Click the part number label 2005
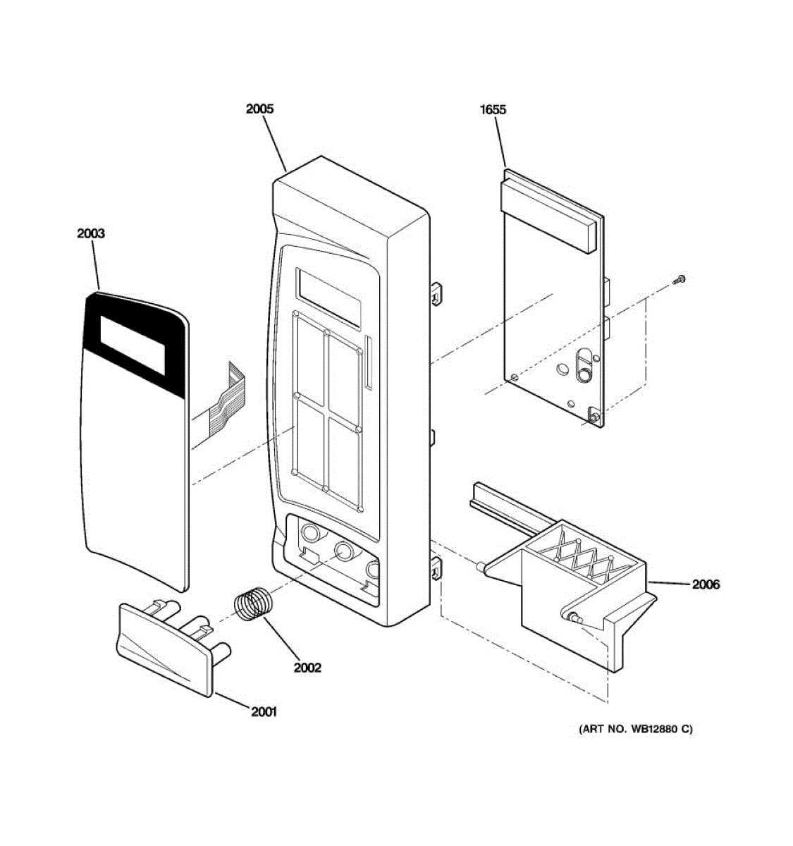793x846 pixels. (259, 109)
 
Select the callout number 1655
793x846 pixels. (493, 109)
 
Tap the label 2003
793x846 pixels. (91, 233)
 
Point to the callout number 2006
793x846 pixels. (705, 584)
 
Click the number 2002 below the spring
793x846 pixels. (307, 667)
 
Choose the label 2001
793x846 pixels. (264, 711)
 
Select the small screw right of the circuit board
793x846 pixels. (680, 279)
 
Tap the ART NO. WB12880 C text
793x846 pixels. (635, 729)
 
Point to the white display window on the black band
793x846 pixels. (133, 344)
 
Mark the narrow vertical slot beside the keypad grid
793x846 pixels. (368, 362)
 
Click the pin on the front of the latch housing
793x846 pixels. (572, 617)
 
